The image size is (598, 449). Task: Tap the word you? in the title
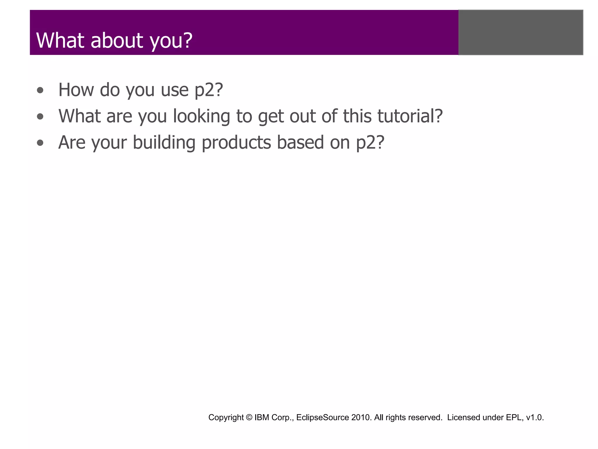tap(171, 41)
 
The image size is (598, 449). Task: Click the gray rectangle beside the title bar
tap(521, 32)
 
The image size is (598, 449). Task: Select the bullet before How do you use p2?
tap(40, 91)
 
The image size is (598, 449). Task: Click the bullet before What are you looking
tap(40, 117)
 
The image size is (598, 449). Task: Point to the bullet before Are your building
tap(40, 143)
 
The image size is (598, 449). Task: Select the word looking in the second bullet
tap(201, 117)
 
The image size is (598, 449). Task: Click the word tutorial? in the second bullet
tap(410, 116)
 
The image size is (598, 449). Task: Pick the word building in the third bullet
tap(164, 143)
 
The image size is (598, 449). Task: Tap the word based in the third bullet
tap(300, 142)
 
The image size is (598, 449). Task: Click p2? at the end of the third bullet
tap(370, 143)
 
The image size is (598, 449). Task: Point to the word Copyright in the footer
tap(226, 418)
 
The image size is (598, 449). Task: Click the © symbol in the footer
tap(249, 417)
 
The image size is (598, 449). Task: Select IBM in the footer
tap(262, 417)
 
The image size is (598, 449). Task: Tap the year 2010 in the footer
tap(361, 417)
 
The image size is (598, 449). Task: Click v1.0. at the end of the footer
tap(535, 417)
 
